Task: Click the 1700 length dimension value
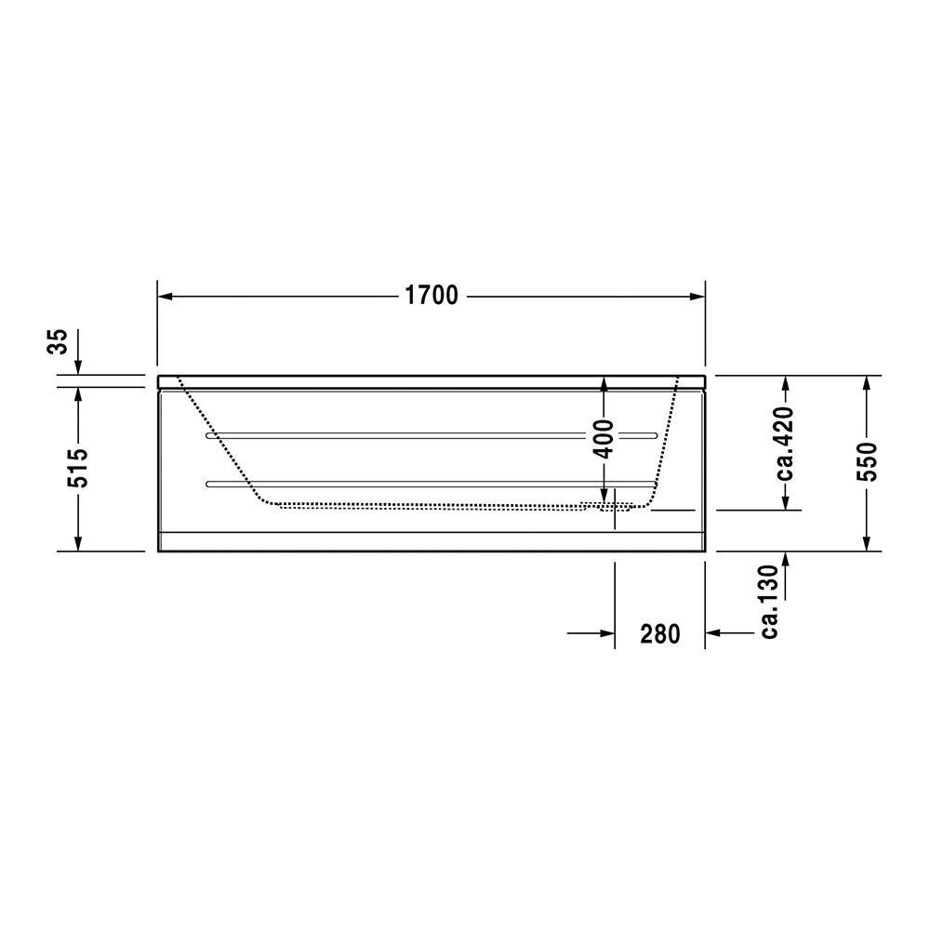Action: [x=431, y=296]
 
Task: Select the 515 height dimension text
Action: [x=78, y=468]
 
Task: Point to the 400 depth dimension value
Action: [x=604, y=437]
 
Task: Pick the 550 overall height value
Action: [x=866, y=460]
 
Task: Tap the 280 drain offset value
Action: [x=660, y=634]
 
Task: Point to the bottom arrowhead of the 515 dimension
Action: [x=78, y=543]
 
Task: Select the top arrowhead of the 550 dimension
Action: [x=866, y=384]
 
